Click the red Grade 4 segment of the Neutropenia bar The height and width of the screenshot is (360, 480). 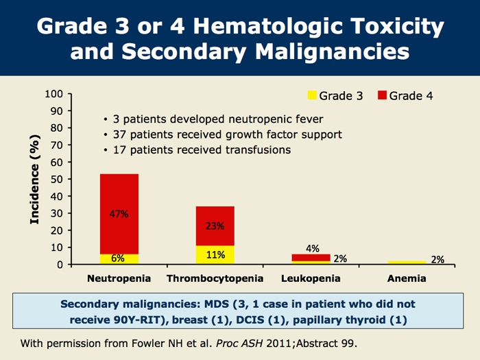point(119,199)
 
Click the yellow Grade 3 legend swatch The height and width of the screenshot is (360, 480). point(310,96)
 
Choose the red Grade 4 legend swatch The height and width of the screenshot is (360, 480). point(383,96)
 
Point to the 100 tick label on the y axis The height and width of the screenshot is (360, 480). point(54,94)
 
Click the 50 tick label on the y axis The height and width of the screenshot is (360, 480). point(57,179)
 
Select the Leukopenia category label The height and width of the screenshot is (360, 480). point(311,279)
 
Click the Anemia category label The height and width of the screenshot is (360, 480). point(407,279)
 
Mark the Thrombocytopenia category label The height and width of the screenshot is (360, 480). point(215,279)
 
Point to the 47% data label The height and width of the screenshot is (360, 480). point(119,214)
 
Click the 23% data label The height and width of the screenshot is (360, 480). point(215,226)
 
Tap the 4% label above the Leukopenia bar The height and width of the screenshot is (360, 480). point(312,248)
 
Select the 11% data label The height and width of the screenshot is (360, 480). point(216,255)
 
